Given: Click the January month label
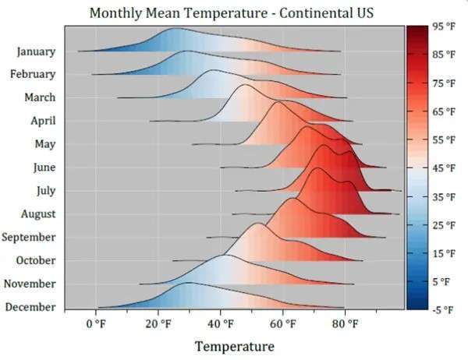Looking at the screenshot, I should click(x=36, y=51).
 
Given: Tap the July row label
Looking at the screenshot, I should click(x=45, y=191).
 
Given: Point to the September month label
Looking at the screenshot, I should click(x=29, y=237).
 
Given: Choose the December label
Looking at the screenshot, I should click(x=30, y=307).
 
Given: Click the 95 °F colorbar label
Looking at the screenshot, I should click(x=444, y=26).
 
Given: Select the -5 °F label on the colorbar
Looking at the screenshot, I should click(x=444, y=310).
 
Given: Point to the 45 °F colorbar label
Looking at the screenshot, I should click(x=444, y=168).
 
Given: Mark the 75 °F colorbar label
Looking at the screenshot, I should click(x=444, y=83).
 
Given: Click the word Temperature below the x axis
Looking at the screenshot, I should click(x=235, y=345).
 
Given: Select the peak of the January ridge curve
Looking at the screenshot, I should click(x=175, y=29).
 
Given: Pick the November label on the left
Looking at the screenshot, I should click(x=30, y=284).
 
